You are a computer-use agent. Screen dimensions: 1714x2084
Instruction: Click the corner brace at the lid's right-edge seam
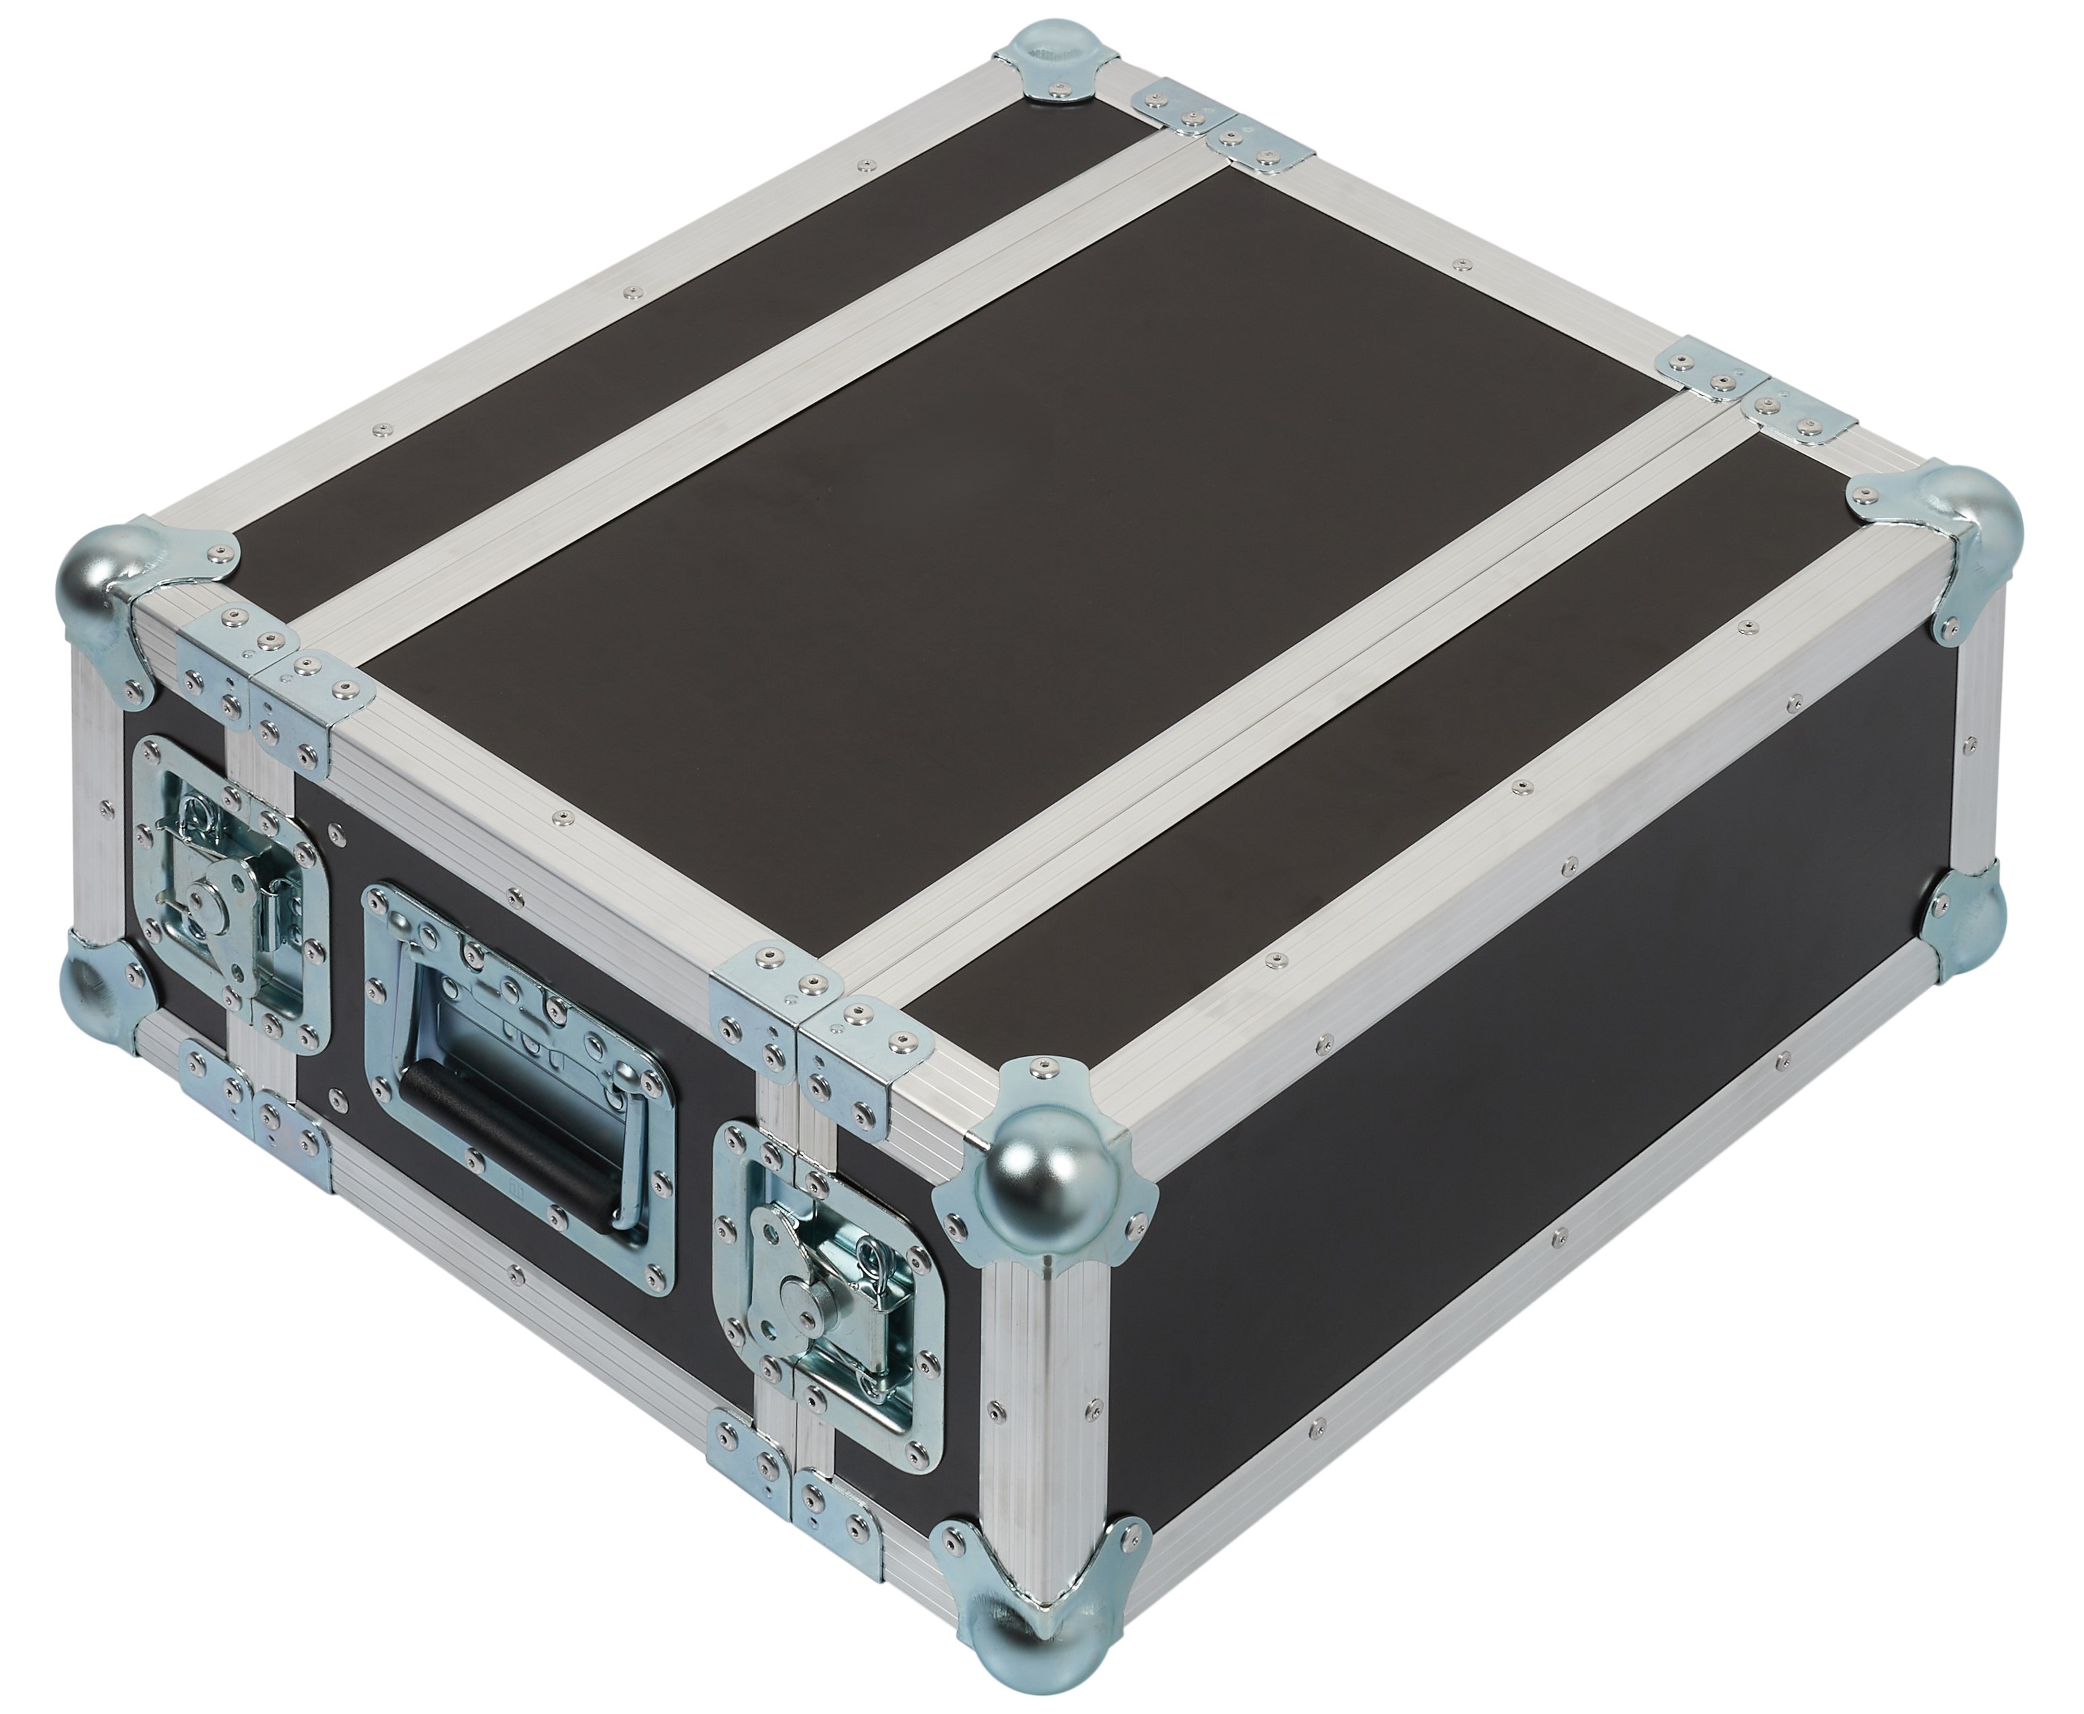pyautogui.click(x=1757, y=395)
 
